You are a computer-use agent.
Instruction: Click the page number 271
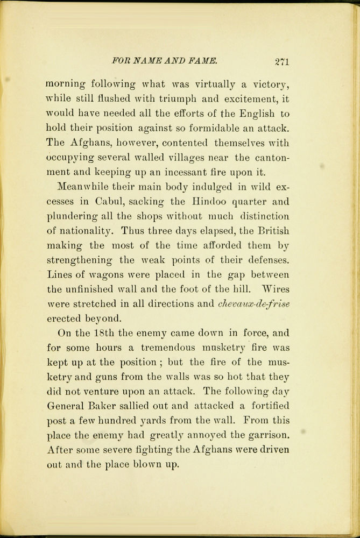(281, 61)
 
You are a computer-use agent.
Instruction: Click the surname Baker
(111, 406)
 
